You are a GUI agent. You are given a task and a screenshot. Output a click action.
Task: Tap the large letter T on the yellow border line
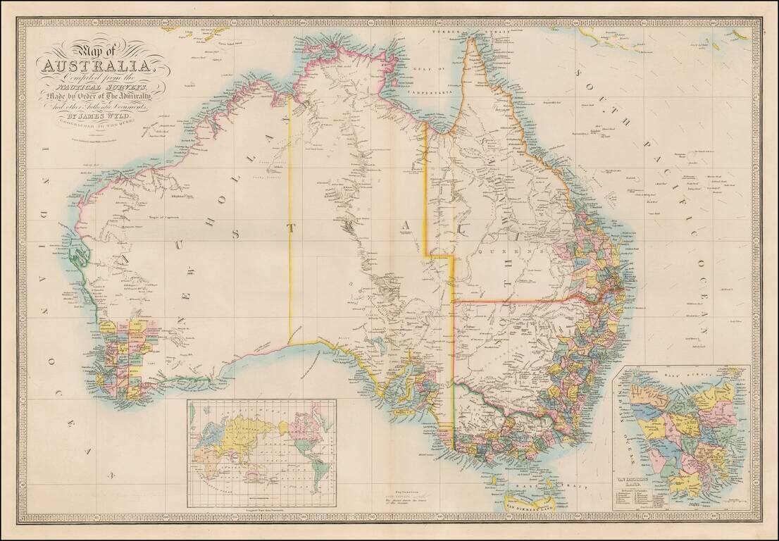pyautogui.click(x=290, y=228)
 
